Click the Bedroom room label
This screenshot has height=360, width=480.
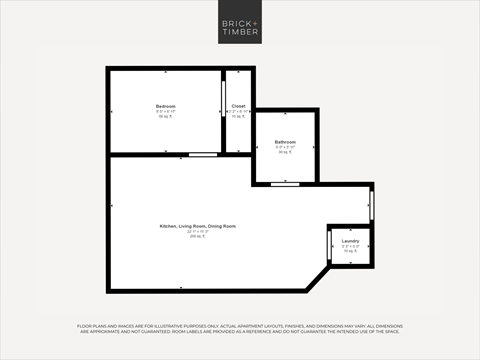[x=165, y=106]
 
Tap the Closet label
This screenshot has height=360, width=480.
[x=238, y=106]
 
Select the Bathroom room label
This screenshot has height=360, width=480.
[x=285, y=142]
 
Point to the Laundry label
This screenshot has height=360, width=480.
[x=350, y=241]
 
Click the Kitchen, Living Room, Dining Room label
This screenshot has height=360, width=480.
[x=197, y=227]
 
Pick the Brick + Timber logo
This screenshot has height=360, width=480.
[x=239, y=27]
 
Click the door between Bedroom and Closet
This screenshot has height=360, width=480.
[x=223, y=100]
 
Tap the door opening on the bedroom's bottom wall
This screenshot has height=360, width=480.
[x=203, y=154]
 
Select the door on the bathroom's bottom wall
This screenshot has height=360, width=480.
[x=285, y=184]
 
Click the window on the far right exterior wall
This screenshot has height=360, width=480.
[x=372, y=204]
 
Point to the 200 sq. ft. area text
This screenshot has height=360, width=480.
[x=197, y=237]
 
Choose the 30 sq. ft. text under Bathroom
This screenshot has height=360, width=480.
[x=285, y=152]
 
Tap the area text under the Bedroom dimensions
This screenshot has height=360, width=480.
[x=165, y=116]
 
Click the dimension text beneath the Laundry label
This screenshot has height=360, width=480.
[x=350, y=246]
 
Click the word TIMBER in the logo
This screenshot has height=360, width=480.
[x=239, y=34]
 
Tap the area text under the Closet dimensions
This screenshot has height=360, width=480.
[x=238, y=116]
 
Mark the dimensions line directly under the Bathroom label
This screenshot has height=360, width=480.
[x=285, y=147]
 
